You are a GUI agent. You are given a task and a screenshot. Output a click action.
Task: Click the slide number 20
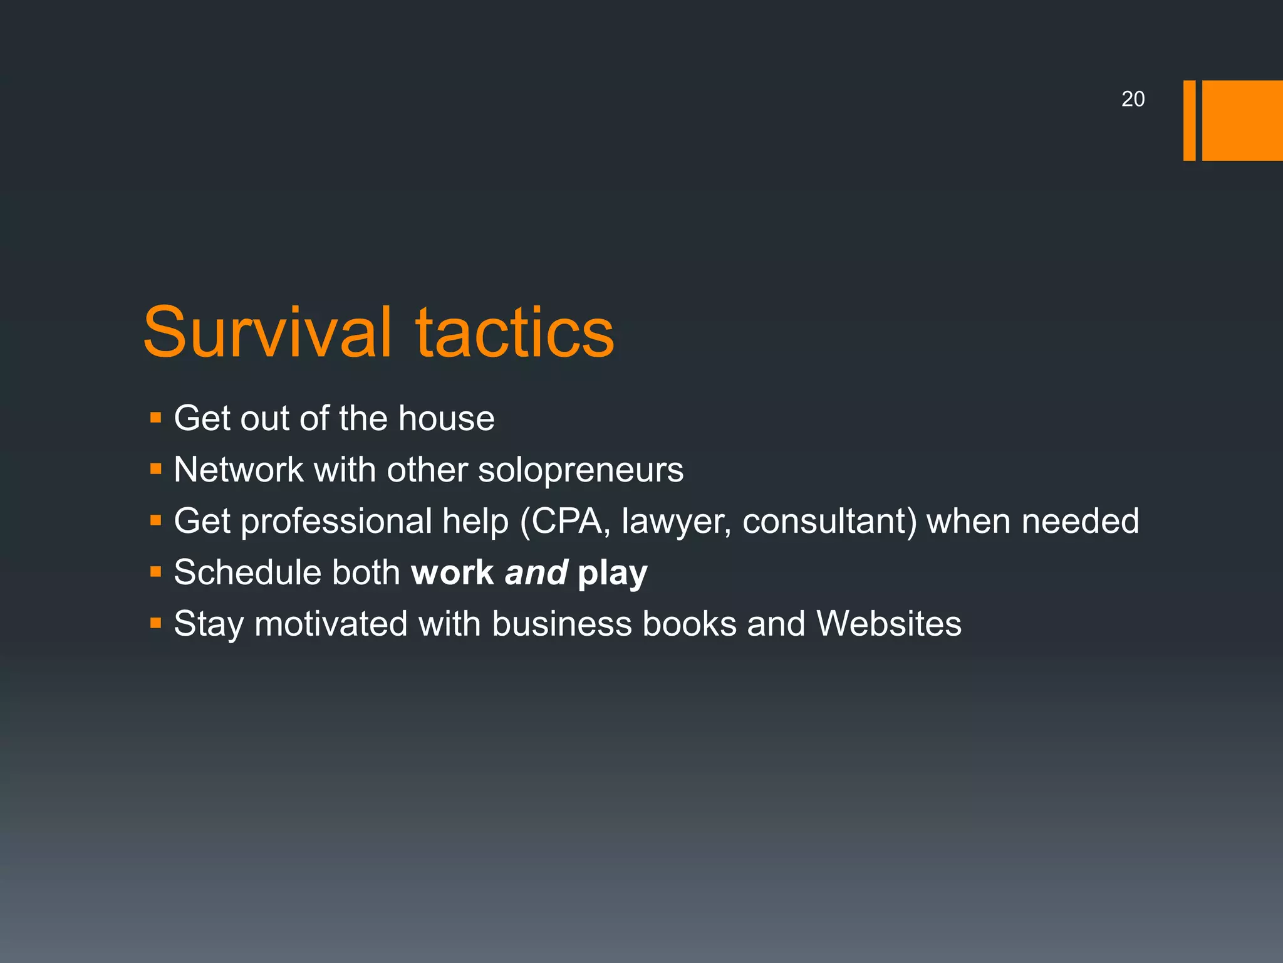[1133, 99]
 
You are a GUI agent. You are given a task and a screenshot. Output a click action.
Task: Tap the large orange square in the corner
[1242, 120]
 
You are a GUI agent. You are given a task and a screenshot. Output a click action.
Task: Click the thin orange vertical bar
[1189, 120]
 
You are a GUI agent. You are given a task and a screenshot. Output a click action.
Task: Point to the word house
[446, 418]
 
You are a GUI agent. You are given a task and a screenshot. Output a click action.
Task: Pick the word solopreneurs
[581, 470]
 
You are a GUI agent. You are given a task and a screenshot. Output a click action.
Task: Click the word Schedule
[247, 572]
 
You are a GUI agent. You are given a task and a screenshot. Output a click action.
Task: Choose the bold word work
[452, 572]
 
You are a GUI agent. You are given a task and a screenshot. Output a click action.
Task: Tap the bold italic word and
[536, 572]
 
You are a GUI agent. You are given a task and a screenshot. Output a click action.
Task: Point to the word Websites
[888, 624]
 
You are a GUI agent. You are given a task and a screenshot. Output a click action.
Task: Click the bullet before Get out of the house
[156, 418]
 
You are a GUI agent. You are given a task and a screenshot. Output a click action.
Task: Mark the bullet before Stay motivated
[156, 623]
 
